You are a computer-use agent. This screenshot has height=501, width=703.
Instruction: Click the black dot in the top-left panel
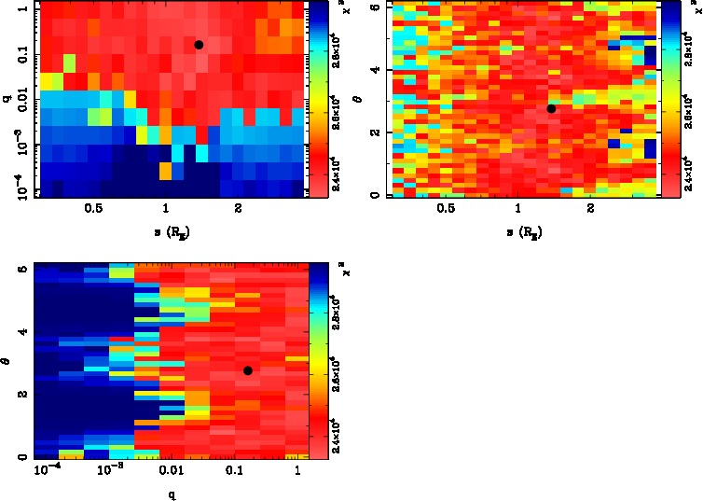coord(199,45)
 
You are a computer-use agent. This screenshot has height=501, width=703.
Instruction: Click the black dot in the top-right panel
coord(551,108)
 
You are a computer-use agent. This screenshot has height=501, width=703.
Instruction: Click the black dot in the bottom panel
coord(248,370)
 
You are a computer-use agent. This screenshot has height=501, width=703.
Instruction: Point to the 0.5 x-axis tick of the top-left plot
coord(93,208)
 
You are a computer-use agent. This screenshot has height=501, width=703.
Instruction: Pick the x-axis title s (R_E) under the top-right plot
coord(521,228)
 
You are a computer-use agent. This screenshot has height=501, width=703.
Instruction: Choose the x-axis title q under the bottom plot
coord(172,493)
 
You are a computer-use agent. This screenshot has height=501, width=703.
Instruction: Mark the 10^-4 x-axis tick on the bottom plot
coord(48,474)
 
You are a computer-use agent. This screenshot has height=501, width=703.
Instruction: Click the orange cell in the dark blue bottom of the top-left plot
coord(165,172)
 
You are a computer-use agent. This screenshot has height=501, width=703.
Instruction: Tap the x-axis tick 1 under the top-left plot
coord(166,208)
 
